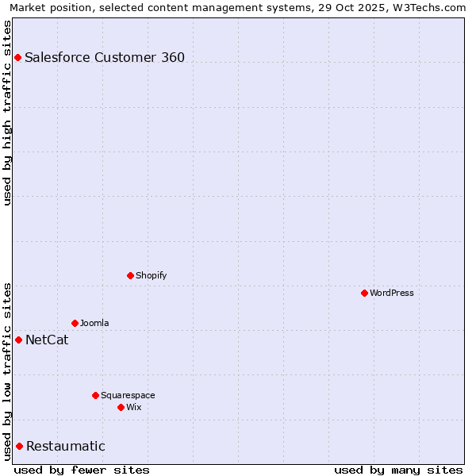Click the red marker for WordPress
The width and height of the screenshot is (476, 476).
click(364, 293)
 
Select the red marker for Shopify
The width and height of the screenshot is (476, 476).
click(130, 275)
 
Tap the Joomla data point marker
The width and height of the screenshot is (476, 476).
click(75, 323)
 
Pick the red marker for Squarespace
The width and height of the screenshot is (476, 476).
click(95, 395)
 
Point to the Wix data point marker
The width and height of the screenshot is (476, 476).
click(121, 407)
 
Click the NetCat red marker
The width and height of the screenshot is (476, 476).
click(18, 340)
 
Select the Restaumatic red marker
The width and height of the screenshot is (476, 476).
click(19, 446)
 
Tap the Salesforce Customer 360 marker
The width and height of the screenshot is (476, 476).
click(17, 57)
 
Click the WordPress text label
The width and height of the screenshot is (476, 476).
click(392, 293)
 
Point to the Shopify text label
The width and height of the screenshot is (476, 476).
click(152, 275)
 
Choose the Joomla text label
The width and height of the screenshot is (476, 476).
click(94, 323)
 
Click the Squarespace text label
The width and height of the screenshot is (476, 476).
click(128, 395)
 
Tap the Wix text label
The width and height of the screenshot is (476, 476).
click(134, 407)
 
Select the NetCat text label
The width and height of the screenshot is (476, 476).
click(47, 340)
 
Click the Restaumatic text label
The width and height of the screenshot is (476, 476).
click(66, 447)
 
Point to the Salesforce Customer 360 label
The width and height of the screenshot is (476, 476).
click(105, 57)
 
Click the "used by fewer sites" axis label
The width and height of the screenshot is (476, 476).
click(82, 470)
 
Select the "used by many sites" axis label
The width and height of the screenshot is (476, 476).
click(398, 470)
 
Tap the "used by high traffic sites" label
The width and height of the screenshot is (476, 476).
click(8, 113)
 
